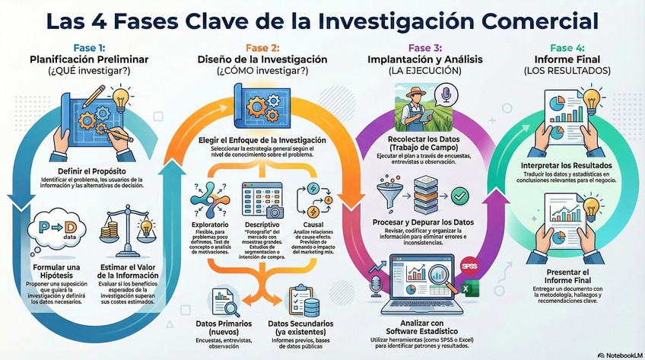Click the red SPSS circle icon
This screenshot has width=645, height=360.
coord(469,266)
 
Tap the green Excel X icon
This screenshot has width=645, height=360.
coord(470,287)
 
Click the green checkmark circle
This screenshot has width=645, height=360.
coord(460,197)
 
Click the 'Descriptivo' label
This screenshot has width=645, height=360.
coord(261,226)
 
